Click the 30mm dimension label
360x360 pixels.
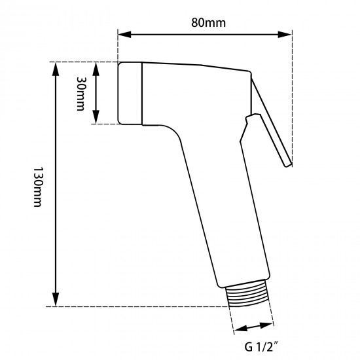tap(81, 94)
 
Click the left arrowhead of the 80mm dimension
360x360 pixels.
tap(122, 35)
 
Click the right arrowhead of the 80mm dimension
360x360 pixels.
tap(287, 35)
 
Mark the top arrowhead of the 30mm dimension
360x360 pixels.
tap(96, 66)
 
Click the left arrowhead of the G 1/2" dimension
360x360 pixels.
tap(240, 331)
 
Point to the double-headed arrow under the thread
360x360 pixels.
tap(254, 327)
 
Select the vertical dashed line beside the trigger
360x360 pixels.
tap(291, 98)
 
